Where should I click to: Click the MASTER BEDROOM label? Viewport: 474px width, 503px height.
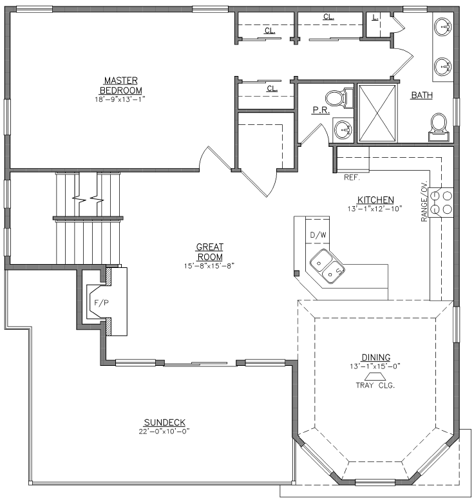121,85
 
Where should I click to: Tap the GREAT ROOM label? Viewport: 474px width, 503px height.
210,252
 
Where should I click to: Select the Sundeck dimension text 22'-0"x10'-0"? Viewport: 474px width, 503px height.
164,432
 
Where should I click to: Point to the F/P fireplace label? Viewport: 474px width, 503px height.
101,303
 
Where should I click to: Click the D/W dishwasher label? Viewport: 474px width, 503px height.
318,235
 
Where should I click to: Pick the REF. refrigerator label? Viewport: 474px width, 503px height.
352,177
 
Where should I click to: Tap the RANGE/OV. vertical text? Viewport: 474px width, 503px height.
424,201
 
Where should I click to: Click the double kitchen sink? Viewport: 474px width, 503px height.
327,267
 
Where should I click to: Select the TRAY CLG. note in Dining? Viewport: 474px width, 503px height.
375,385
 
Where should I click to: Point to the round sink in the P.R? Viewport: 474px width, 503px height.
343,130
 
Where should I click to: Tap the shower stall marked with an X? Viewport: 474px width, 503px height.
377,113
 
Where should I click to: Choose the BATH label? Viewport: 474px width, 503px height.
422,95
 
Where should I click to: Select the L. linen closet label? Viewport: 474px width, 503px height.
375,17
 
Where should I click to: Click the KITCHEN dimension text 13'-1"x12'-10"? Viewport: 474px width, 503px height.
375,209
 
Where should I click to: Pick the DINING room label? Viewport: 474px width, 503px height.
376,357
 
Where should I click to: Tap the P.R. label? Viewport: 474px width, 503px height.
321,110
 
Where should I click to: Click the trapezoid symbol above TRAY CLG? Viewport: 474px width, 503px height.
375,376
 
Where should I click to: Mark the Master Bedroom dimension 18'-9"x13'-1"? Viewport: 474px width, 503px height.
120,99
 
